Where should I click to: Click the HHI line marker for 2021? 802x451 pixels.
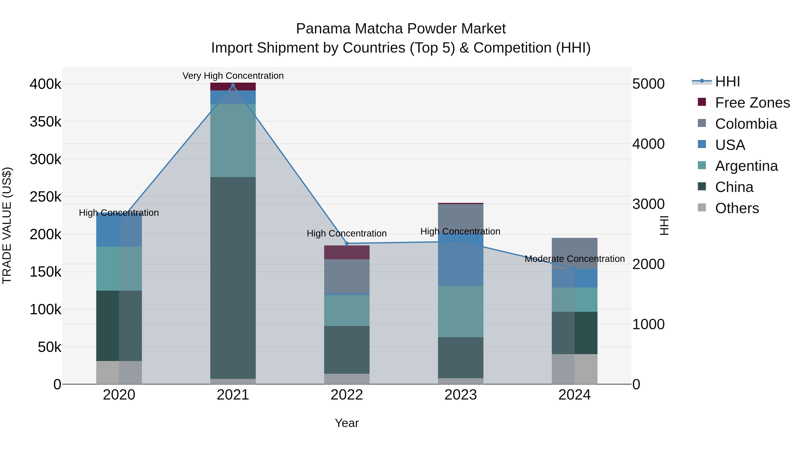tap(233, 85)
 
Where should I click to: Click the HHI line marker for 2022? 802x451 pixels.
tap(347, 243)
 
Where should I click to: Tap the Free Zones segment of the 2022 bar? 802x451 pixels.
tap(347, 252)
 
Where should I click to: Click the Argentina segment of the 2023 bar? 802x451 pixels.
tap(460, 311)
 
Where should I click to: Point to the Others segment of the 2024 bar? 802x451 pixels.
tap(574, 369)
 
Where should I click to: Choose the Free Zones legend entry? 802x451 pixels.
tap(752, 103)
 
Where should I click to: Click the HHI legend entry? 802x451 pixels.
tap(727, 82)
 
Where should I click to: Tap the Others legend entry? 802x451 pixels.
tap(737, 208)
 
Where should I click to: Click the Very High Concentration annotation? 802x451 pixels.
tap(233, 76)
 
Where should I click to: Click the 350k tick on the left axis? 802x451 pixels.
tap(45, 122)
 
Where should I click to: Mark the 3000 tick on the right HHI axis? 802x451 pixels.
tap(649, 204)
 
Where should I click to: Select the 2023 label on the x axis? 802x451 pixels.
tap(460, 395)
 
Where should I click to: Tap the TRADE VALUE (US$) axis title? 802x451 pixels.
tap(7, 225)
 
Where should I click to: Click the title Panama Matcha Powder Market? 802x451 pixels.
tap(401, 29)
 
